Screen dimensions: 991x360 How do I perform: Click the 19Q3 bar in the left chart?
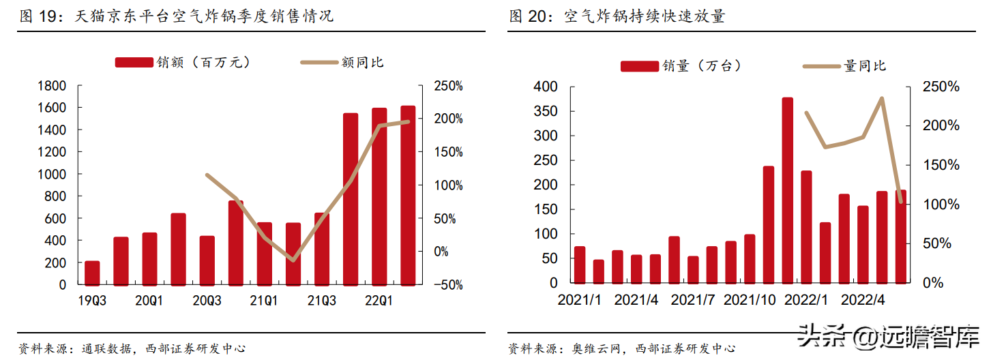[92, 273]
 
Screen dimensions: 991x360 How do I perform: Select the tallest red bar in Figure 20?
[788, 190]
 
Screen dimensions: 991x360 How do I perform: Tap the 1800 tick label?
[52, 85]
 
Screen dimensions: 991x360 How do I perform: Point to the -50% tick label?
[448, 285]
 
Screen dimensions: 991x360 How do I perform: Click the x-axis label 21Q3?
[322, 301]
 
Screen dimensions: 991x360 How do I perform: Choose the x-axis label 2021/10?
[750, 300]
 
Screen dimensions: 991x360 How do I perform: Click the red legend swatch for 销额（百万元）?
[134, 62]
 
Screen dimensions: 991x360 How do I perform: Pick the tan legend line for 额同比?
[319, 62]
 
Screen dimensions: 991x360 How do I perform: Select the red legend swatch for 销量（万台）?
[640, 66]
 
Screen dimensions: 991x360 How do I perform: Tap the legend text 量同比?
[865, 66]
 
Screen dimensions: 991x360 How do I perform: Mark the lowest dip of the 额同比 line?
[293, 260]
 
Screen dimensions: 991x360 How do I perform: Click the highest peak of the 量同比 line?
[882, 98]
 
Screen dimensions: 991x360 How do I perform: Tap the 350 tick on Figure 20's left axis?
[546, 111]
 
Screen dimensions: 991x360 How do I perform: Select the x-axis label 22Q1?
[379, 301]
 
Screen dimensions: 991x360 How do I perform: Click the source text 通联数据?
[106, 348]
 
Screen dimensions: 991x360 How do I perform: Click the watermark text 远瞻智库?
[929, 337]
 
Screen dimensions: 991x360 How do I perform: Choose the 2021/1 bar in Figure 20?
[580, 265]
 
